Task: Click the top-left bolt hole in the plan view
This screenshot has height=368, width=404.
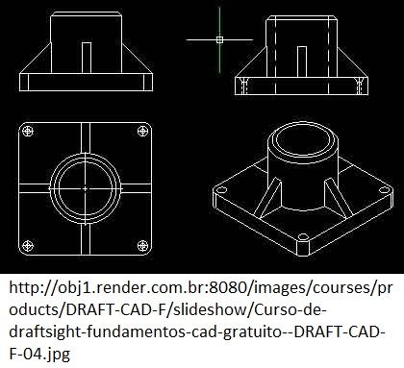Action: click(x=28, y=131)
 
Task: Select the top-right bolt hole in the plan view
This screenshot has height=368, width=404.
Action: click(x=142, y=131)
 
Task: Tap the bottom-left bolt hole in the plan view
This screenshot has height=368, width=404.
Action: click(x=28, y=246)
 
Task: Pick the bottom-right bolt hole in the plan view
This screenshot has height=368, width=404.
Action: click(x=142, y=246)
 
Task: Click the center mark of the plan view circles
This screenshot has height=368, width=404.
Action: click(x=85, y=189)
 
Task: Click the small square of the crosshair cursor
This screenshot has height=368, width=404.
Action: click(x=219, y=39)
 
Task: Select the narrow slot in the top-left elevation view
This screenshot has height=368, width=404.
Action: click(x=87, y=58)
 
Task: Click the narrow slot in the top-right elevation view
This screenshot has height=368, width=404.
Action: click(x=302, y=61)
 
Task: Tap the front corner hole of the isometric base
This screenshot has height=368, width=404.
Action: click(x=303, y=237)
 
